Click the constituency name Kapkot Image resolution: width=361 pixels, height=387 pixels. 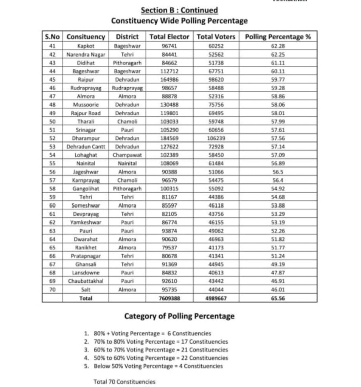point(86,46)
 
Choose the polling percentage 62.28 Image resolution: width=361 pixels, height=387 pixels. point(278,46)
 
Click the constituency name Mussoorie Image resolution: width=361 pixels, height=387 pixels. point(86,105)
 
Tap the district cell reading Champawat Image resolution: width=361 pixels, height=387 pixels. point(127,155)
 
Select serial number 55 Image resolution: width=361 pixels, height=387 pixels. point(53,163)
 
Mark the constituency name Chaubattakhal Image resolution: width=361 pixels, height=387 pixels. point(86,281)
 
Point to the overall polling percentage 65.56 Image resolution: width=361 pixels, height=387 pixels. point(278,298)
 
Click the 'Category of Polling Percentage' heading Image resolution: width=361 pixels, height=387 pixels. point(180,316)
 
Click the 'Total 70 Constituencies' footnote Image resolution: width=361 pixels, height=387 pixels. point(124,382)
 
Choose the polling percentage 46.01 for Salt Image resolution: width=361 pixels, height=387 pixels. point(278,289)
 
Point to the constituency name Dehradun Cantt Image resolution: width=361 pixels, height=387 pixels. point(86,147)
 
